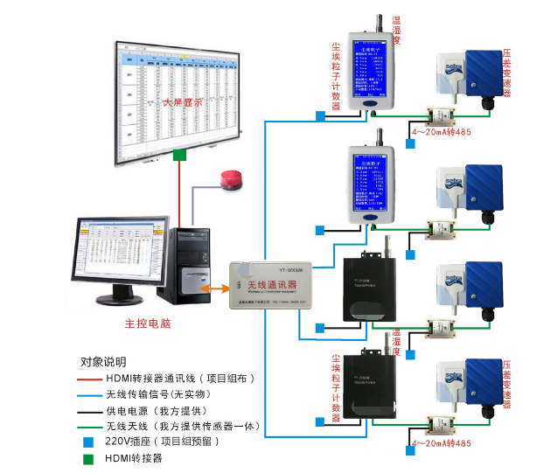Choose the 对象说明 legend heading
tap(103, 361)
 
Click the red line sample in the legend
tap(89, 379)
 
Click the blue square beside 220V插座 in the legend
tap(88, 442)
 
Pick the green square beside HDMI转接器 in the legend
tap(88, 458)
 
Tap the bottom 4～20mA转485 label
tap(441, 444)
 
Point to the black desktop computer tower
tap(186, 262)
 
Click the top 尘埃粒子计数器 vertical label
tap(336, 74)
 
